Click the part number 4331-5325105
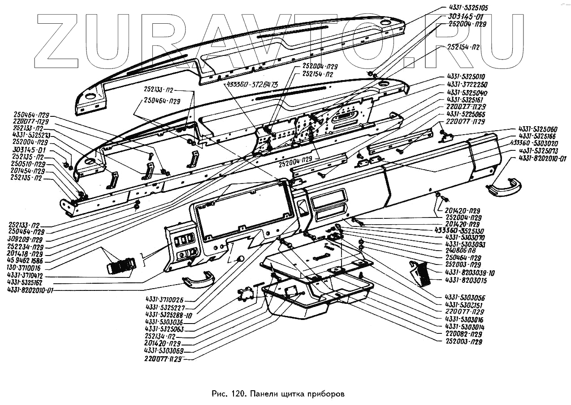[x=466, y=8]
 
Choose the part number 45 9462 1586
[x=26, y=260]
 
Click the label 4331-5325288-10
[x=169, y=315]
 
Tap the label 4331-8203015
[x=467, y=280]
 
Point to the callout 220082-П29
[x=464, y=334]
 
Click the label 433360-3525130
[x=466, y=230]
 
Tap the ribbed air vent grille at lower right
[x=420, y=273]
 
